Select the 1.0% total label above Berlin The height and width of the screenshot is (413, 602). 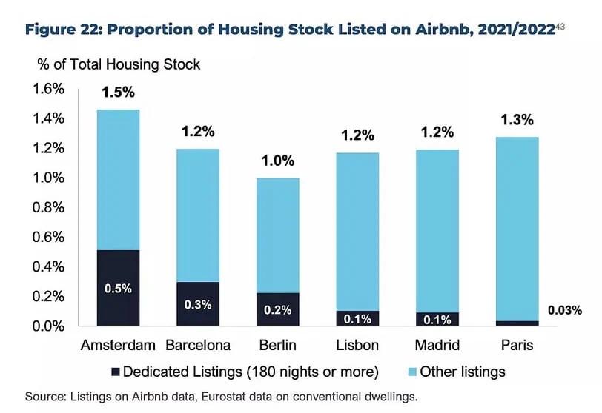coord(277,161)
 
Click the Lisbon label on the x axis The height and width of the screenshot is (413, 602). coord(357,346)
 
